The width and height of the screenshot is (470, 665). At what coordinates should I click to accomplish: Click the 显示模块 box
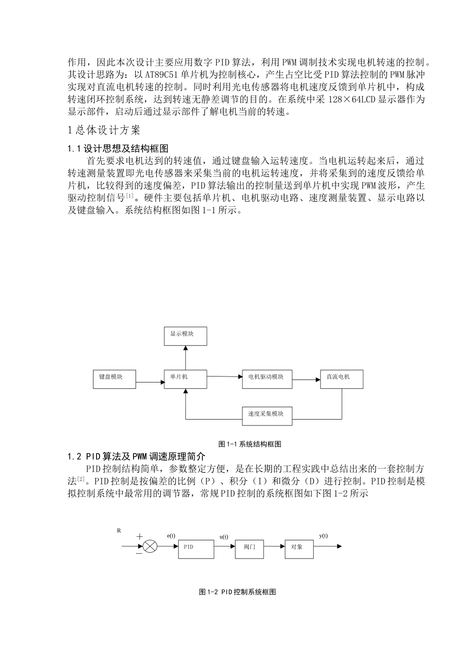tap(186, 335)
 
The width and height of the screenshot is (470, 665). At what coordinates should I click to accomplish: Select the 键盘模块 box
tap(114, 379)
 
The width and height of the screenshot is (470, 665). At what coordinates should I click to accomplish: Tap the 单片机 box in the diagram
tap(186, 379)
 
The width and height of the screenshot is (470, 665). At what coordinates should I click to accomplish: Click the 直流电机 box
tap(341, 379)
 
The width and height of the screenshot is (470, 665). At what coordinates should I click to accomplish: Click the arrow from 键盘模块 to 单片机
tap(150, 382)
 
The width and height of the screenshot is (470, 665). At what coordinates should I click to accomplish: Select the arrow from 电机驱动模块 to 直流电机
tap(306, 380)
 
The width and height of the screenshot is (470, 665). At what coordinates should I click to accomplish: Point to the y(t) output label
tap(324, 536)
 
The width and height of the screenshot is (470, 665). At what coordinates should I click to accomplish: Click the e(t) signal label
tap(171, 536)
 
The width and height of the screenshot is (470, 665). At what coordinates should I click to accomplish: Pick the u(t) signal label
tap(224, 537)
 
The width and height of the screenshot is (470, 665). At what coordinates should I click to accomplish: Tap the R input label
tap(119, 530)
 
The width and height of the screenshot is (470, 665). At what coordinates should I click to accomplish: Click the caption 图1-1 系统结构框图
tap(250, 444)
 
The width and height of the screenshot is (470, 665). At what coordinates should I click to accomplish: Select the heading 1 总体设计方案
tap(104, 130)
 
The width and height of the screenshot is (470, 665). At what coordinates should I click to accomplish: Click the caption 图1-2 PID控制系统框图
tap(237, 592)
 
